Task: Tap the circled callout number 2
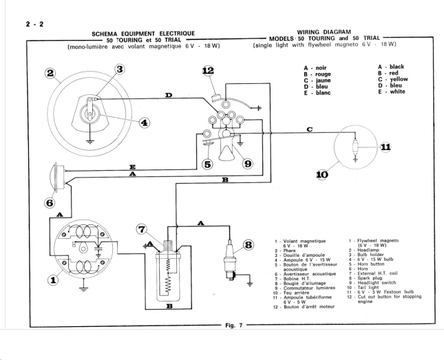point(50,74)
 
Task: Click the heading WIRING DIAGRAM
point(325,32)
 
